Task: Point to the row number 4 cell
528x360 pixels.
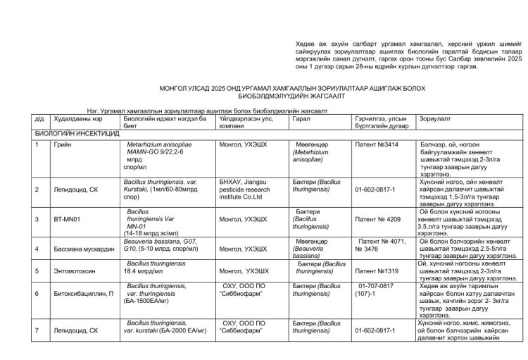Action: (x=37, y=249)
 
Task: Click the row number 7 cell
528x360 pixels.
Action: (x=37, y=329)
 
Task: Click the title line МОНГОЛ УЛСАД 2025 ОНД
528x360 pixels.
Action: (x=263, y=86)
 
